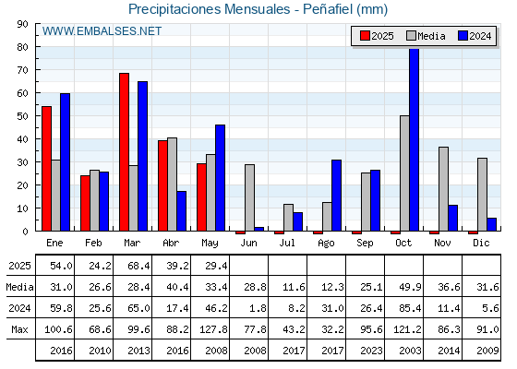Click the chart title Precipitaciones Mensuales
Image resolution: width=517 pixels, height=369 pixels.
point(209,9)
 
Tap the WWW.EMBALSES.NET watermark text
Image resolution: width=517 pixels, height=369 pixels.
point(102,31)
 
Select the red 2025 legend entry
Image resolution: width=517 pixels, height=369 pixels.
point(377,36)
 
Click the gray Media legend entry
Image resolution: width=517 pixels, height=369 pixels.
point(426,36)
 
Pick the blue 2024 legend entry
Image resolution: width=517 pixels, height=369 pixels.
point(475,36)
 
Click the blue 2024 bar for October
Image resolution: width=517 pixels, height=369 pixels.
point(414,139)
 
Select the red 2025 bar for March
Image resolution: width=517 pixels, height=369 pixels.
point(125,152)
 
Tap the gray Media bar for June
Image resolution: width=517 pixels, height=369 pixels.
point(249,197)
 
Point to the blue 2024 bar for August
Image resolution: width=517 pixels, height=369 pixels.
point(336,196)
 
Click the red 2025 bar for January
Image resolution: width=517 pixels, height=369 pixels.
point(46,169)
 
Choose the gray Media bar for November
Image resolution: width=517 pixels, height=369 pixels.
point(443,189)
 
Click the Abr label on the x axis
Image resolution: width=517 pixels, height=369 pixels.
point(171,243)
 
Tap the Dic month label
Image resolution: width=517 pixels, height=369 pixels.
point(481,243)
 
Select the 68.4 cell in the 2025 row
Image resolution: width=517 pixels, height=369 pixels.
point(138,266)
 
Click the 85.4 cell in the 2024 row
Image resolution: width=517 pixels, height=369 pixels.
point(410,308)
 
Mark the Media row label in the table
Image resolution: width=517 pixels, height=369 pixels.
point(19,287)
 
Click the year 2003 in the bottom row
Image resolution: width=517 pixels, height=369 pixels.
point(410,351)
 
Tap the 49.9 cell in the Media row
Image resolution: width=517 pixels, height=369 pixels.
point(410,287)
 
